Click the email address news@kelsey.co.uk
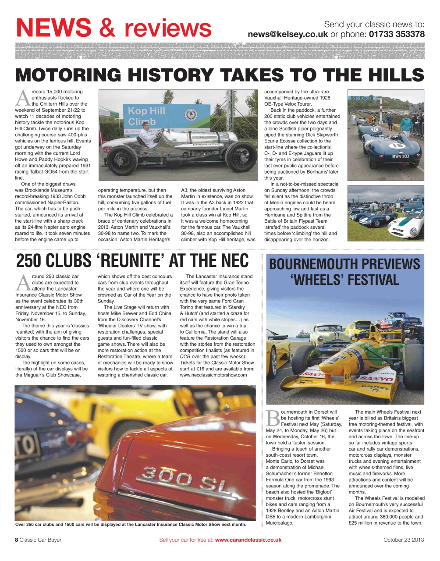pyautogui.click(x=287, y=34)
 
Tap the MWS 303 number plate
pyautogui.click(x=400, y=156)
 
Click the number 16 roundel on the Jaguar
pyautogui.click(x=397, y=146)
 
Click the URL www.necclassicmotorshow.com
pyautogui.click(x=213, y=375)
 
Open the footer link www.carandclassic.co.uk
pyautogui.click(x=248, y=540)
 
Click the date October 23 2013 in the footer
pyautogui.click(x=404, y=540)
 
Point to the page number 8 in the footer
pyautogui.click(x=17, y=540)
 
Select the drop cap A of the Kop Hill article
pyautogui.click(x=22, y=97)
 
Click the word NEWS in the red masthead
pyautogui.click(x=54, y=28)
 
